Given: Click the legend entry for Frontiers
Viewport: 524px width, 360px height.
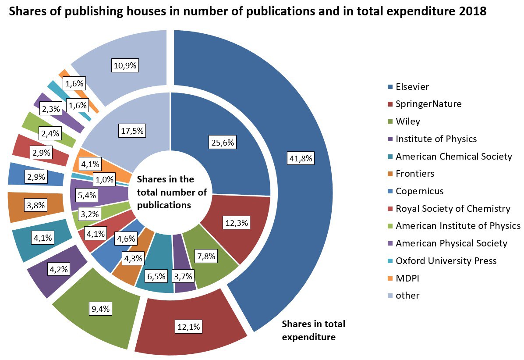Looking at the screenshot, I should (414, 173).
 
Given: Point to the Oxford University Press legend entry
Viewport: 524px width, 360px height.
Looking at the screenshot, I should (446, 260).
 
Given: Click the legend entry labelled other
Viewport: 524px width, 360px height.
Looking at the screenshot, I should (407, 295).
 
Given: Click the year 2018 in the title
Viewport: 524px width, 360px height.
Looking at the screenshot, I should (473, 11).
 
